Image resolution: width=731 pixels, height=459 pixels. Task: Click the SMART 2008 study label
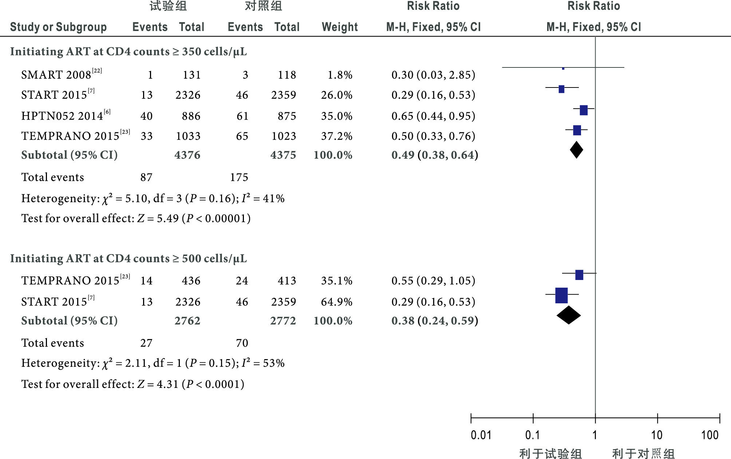[61, 74]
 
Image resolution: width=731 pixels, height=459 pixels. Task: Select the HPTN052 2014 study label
[66, 116]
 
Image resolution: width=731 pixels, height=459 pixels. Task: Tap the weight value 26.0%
[336, 95]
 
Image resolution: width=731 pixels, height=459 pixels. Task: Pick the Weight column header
[340, 27]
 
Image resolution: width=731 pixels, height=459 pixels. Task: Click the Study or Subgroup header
[58, 27]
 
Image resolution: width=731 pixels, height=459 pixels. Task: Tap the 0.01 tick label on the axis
[481, 435]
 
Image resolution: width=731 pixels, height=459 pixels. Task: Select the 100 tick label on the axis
[710, 435]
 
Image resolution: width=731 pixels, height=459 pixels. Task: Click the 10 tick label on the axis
[657, 435]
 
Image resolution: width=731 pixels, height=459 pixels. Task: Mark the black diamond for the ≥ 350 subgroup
[576, 150]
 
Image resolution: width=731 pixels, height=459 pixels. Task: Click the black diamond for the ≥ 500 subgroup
[569, 315]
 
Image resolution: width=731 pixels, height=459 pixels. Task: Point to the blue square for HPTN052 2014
[584, 110]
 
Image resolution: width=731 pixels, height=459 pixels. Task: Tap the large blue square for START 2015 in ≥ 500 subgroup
[561, 295]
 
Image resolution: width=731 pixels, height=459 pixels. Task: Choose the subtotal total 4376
[187, 155]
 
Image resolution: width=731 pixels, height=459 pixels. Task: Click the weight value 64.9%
[336, 302]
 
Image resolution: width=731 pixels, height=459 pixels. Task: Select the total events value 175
[239, 177]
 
